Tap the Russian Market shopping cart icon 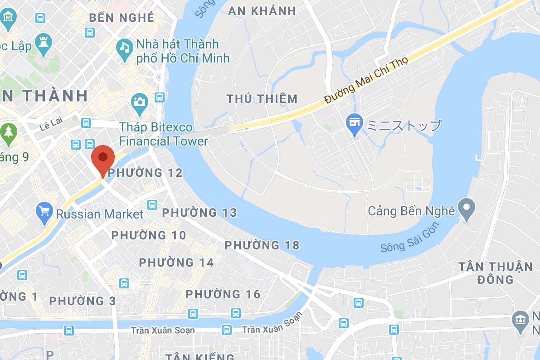(44, 213)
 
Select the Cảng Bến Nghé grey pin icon (467, 209)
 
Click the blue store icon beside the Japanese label (354, 124)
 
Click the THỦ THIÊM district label (262, 98)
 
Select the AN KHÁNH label (262, 11)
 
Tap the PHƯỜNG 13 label (199, 213)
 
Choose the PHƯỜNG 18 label (262, 245)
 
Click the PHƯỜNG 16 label (223, 294)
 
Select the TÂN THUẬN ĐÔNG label (496, 272)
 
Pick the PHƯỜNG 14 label (176, 262)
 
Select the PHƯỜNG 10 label (149, 235)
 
